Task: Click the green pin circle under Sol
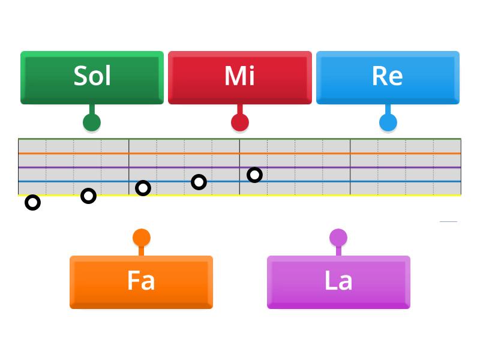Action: (92, 122)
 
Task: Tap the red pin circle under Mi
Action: (240, 122)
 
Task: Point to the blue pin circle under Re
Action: (388, 122)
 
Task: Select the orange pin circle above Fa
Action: (142, 238)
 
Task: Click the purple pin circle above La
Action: (338, 238)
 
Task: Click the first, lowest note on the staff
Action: (33, 203)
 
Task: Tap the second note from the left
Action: (88, 196)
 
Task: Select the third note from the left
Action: (143, 188)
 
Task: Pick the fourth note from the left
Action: (199, 182)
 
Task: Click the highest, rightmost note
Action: (254, 175)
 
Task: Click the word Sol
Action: (92, 76)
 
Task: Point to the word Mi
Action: (240, 76)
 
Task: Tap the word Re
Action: (388, 76)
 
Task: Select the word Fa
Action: (141, 280)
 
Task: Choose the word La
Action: (338, 280)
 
